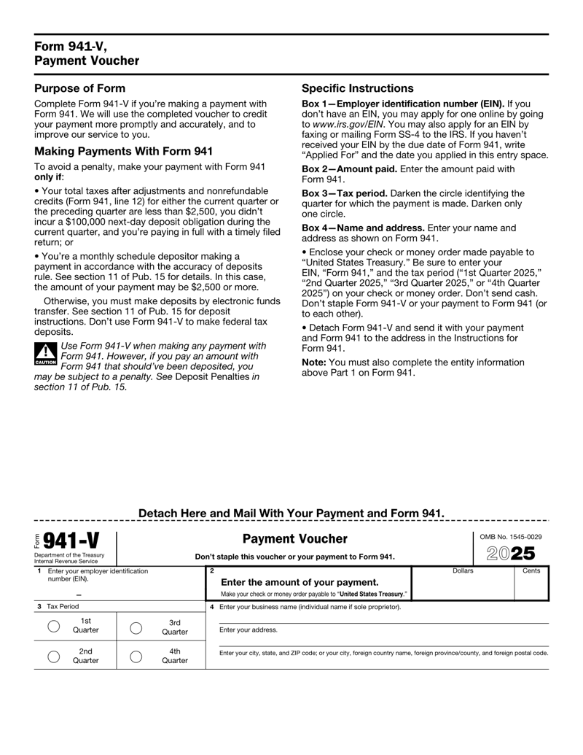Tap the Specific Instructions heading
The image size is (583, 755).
[358, 87]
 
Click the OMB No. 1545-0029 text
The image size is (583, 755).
[510, 537]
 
